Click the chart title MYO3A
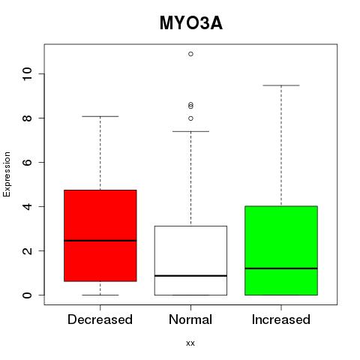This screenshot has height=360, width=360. click(x=191, y=23)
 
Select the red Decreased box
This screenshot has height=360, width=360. click(x=100, y=235)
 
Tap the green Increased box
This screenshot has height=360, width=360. click(x=281, y=250)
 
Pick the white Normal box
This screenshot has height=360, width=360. click(x=190, y=260)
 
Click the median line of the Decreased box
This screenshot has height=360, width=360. click(x=100, y=241)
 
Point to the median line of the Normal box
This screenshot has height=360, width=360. click(x=190, y=276)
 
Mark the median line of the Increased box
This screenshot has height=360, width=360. click(x=281, y=268)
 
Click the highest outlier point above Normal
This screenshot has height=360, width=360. click(x=190, y=54)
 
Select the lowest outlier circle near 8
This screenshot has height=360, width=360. click(x=190, y=118)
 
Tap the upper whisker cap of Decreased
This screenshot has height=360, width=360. click(x=100, y=116)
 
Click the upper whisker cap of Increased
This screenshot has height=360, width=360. click(x=281, y=85)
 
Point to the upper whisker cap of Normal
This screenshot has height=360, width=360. click(x=190, y=131)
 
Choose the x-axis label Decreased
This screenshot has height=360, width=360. click(x=100, y=319)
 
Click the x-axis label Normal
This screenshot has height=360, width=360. click(x=190, y=319)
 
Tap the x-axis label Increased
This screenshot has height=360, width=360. click(x=281, y=319)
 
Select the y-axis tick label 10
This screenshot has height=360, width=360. click(x=27, y=73)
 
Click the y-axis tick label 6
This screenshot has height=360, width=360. click(x=27, y=162)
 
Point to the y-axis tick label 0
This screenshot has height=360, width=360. click(x=27, y=295)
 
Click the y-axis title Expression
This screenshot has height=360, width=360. click(x=7, y=174)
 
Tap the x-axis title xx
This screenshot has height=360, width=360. click(x=190, y=343)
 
